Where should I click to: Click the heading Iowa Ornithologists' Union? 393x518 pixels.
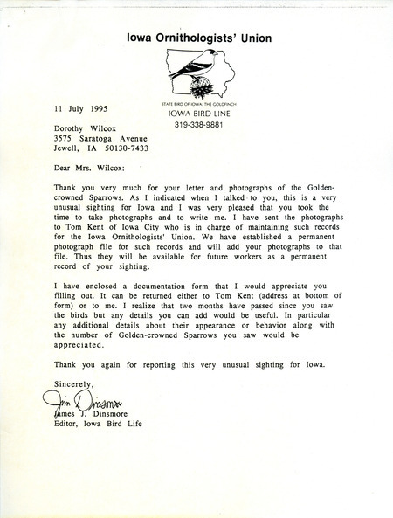[196, 37]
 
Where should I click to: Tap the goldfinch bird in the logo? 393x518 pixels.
[197, 67]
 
